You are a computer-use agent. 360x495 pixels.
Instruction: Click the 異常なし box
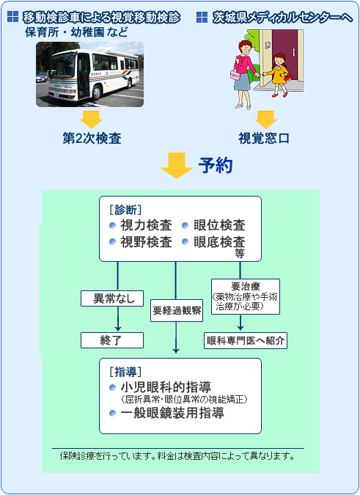pyautogui.click(x=112, y=298)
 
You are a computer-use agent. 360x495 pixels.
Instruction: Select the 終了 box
pyautogui.click(x=112, y=340)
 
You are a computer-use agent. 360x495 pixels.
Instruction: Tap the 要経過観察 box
pyautogui.click(x=177, y=311)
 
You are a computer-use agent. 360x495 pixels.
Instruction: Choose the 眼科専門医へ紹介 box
pyautogui.click(x=246, y=340)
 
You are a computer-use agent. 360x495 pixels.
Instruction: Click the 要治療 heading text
pyautogui.click(x=246, y=286)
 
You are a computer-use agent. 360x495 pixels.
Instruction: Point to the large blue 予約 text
pyautogui.click(x=216, y=165)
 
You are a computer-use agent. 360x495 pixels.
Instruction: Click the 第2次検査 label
pyautogui.click(x=92, y=139)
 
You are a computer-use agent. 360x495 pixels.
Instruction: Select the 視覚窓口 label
pyautogui.click(x=264, y=139)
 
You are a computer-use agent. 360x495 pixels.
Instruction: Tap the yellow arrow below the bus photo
pyautogui.click(x=91, y=120)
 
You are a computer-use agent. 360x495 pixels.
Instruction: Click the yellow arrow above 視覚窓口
pyautogui.click(x=265, y=120)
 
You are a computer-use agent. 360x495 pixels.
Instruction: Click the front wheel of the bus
pyautogui.click(x=97, y=93)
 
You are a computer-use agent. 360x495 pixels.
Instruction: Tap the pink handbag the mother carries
pyautogui.click(x=235, y=75)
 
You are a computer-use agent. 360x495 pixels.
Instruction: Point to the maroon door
pyautogui.click(x=285, y=54)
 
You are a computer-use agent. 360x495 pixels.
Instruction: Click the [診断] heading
pyautogui.click(x=125, y=210)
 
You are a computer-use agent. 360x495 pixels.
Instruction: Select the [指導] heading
pyautogui.click(x=125, y=372)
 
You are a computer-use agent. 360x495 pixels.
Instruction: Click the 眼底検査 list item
pyautogui.click(x=219, y=242)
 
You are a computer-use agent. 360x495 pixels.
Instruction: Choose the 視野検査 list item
pyautogui.click(x=146, y=242)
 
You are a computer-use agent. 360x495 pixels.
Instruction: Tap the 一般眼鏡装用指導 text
pyautogui.click(x=172, y=413)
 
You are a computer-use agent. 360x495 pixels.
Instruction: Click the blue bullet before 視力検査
pyautogui.click(x=113, y=225)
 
